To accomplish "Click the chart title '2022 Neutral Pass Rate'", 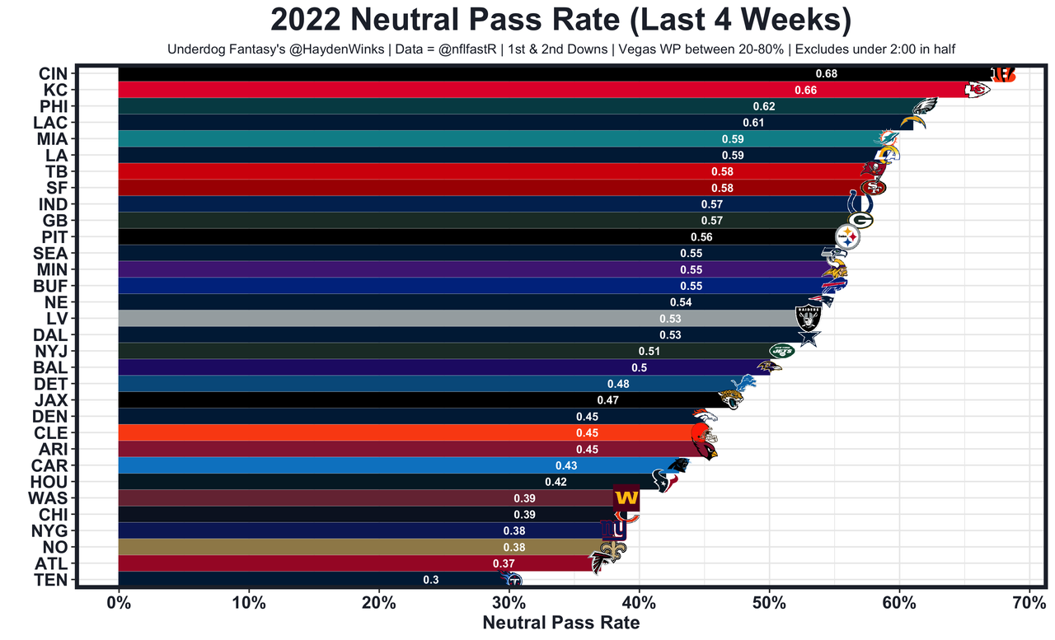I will [x=561, y=20].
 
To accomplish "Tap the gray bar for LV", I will [x=387, y=319].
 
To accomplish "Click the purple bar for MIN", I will [x=412, y=269].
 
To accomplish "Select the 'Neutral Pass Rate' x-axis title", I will [x=560, y=623].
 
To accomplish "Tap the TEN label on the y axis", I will [x=52, y=580].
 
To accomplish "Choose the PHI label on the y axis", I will [x=53, y=106].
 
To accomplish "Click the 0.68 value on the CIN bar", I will [x=826, y=73].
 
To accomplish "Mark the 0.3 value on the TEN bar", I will [x=430, y=580].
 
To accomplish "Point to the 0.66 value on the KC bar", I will [x=805, y=90].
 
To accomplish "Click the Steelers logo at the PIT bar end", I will [x=847, y=237].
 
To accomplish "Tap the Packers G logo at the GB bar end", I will [x=860, y=221].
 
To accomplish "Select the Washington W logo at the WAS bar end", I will [x=626, y=498].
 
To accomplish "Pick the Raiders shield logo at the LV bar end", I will [x=808, y=318].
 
